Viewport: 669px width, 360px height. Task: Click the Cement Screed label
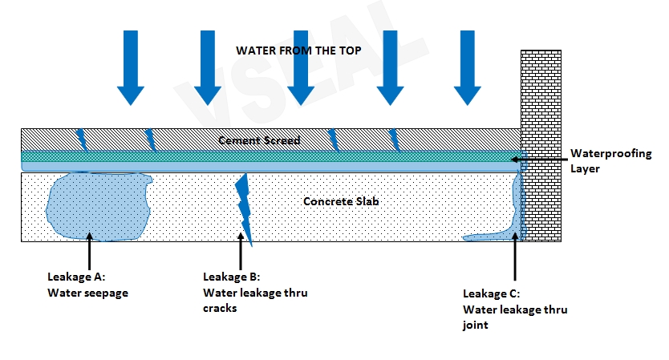tap(260, 140)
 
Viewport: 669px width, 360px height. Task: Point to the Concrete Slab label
tap(340, 201)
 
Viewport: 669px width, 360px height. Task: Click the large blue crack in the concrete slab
tap(244, 210)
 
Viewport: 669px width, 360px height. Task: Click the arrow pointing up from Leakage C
tap(514, 257)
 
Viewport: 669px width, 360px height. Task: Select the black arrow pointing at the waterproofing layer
tap(539, 160)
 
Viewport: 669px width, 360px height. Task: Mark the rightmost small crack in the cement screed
tap(394, 139)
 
